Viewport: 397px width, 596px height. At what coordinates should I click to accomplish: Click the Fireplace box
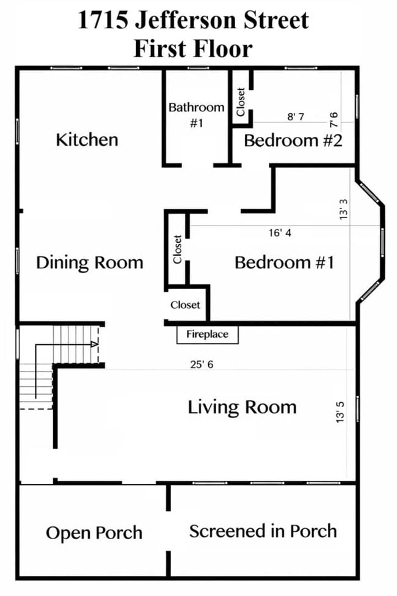(x=208, y=334)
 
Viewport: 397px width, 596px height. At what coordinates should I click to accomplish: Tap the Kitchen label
(x=87, y=139)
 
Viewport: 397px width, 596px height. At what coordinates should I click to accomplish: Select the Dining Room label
(x=90, y=263)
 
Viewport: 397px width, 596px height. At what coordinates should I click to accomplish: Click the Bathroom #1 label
(x=197, y=115)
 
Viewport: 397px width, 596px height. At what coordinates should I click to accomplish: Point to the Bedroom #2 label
(x=293, y=140)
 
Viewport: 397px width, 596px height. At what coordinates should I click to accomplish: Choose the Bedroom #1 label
(x=285, y=263)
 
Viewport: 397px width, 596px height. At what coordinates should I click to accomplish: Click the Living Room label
(x=242, y=407)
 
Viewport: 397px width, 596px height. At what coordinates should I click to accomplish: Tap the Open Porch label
(x=94, y=533)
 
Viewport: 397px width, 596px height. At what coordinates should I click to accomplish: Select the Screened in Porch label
(x=263, y=531)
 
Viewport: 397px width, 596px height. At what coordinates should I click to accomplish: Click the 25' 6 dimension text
(x=202, y=364)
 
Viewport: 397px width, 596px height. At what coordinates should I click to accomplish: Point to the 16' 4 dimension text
(x=280, y=233)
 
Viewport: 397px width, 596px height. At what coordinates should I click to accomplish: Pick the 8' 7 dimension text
(x=296, y=116)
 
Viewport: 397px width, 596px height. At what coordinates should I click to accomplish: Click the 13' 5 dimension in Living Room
(x=340, y=411)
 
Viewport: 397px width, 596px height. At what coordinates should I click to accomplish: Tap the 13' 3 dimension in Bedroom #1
(x=343, y=208)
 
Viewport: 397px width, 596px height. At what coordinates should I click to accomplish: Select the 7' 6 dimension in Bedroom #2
(x=333, y=120)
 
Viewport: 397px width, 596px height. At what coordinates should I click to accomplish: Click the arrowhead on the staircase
(x=95, y=344)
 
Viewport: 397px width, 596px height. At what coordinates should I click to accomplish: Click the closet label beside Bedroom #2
(x=241, y=102)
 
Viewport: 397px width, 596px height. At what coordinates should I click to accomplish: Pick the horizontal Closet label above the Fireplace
(x=186, y=305)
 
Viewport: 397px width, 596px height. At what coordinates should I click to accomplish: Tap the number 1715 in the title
(x=103, y=20)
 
